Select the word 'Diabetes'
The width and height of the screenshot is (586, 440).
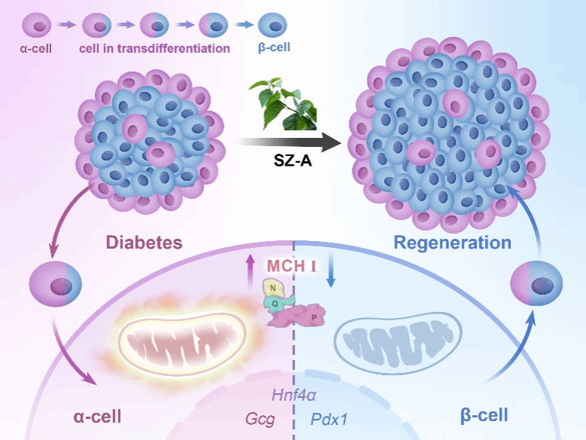pos(144,243)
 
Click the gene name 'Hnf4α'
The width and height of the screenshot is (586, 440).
pos(293,393)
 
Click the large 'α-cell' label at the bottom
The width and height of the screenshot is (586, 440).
pos(96,415)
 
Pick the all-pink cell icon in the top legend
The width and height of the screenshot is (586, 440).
pos(39,26)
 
